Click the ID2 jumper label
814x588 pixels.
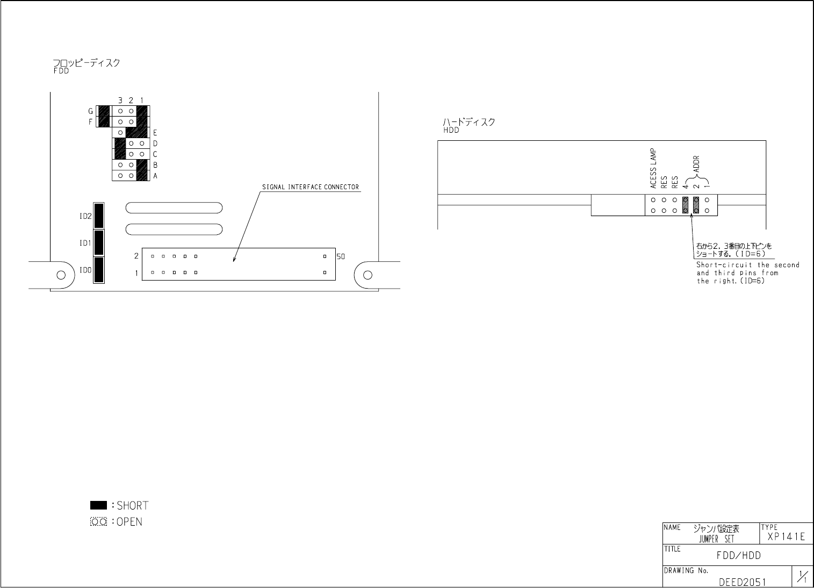click(85, 217)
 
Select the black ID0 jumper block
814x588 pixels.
click(98, 270)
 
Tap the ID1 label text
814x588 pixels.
click(85, 243)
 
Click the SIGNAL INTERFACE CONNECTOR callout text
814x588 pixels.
click(310, 187)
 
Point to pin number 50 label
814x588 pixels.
click(341, 256)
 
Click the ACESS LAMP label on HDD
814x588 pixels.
click(653, 169)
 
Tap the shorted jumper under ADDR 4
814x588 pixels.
click(685, 205)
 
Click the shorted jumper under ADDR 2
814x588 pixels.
click(696, 205)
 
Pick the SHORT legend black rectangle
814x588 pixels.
click(99, 505)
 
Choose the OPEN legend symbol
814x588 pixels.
click(99, 522)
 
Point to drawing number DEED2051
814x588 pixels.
click(743, 582)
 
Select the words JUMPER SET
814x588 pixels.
click(716, 540)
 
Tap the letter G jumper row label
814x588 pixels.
click(91, 111)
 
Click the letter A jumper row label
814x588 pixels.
click(155, 176)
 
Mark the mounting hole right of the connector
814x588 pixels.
click(368, 275)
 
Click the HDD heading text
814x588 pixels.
click(451, 130)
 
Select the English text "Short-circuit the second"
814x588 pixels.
click(748, 265)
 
